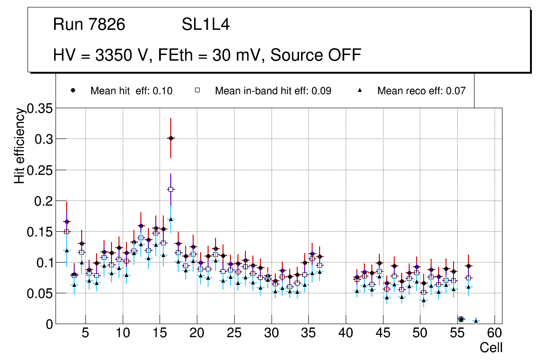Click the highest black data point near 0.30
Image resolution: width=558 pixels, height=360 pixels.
[171, 138]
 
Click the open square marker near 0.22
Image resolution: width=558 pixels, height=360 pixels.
[171, 189]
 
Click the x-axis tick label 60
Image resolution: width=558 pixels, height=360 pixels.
[495, 333]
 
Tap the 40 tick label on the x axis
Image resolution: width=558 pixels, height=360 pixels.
[346, 333]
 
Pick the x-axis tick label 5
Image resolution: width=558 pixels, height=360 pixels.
[85, 333]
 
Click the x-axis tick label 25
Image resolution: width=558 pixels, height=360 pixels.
[234, 333]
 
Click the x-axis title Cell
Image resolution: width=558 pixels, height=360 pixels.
[491, 348]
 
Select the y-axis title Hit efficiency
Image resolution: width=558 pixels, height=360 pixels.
[20, 145]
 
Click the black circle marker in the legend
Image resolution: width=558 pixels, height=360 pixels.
[73, 90]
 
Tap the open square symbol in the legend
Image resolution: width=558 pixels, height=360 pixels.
[197, 90]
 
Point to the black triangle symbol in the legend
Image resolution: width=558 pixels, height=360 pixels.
[360, 90]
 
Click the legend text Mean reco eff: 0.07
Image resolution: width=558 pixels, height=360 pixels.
[421, 91]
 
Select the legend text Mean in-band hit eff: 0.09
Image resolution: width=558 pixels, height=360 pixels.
[273, 91]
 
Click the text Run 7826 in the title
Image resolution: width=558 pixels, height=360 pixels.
[89, 25]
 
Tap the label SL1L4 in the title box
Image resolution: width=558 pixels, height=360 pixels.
[206, 25]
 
